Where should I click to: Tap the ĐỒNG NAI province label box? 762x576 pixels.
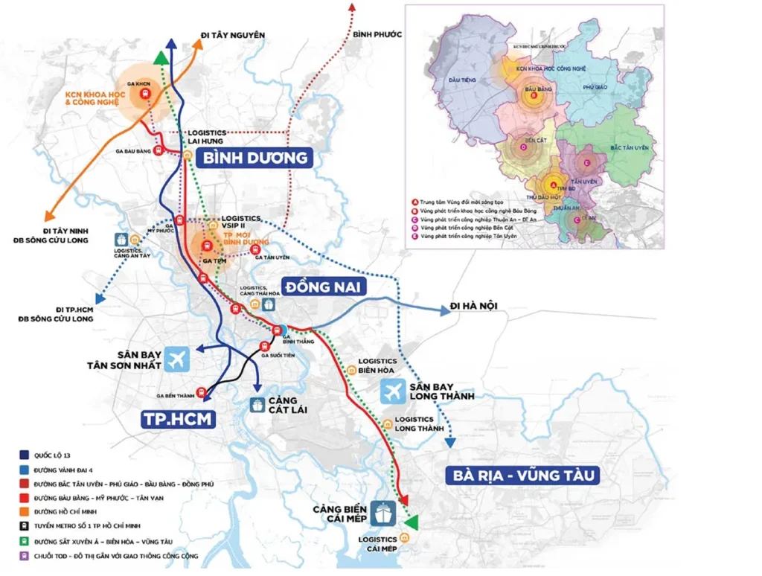click(x=326, y=287)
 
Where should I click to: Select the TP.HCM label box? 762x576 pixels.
click(x=178, y=419)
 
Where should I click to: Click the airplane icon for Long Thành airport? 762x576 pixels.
click(x=393, y=391)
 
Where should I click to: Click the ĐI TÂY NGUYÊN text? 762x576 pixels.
click(x=232, y=35)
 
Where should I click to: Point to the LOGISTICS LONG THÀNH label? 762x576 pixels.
click(x=414, y=424)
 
